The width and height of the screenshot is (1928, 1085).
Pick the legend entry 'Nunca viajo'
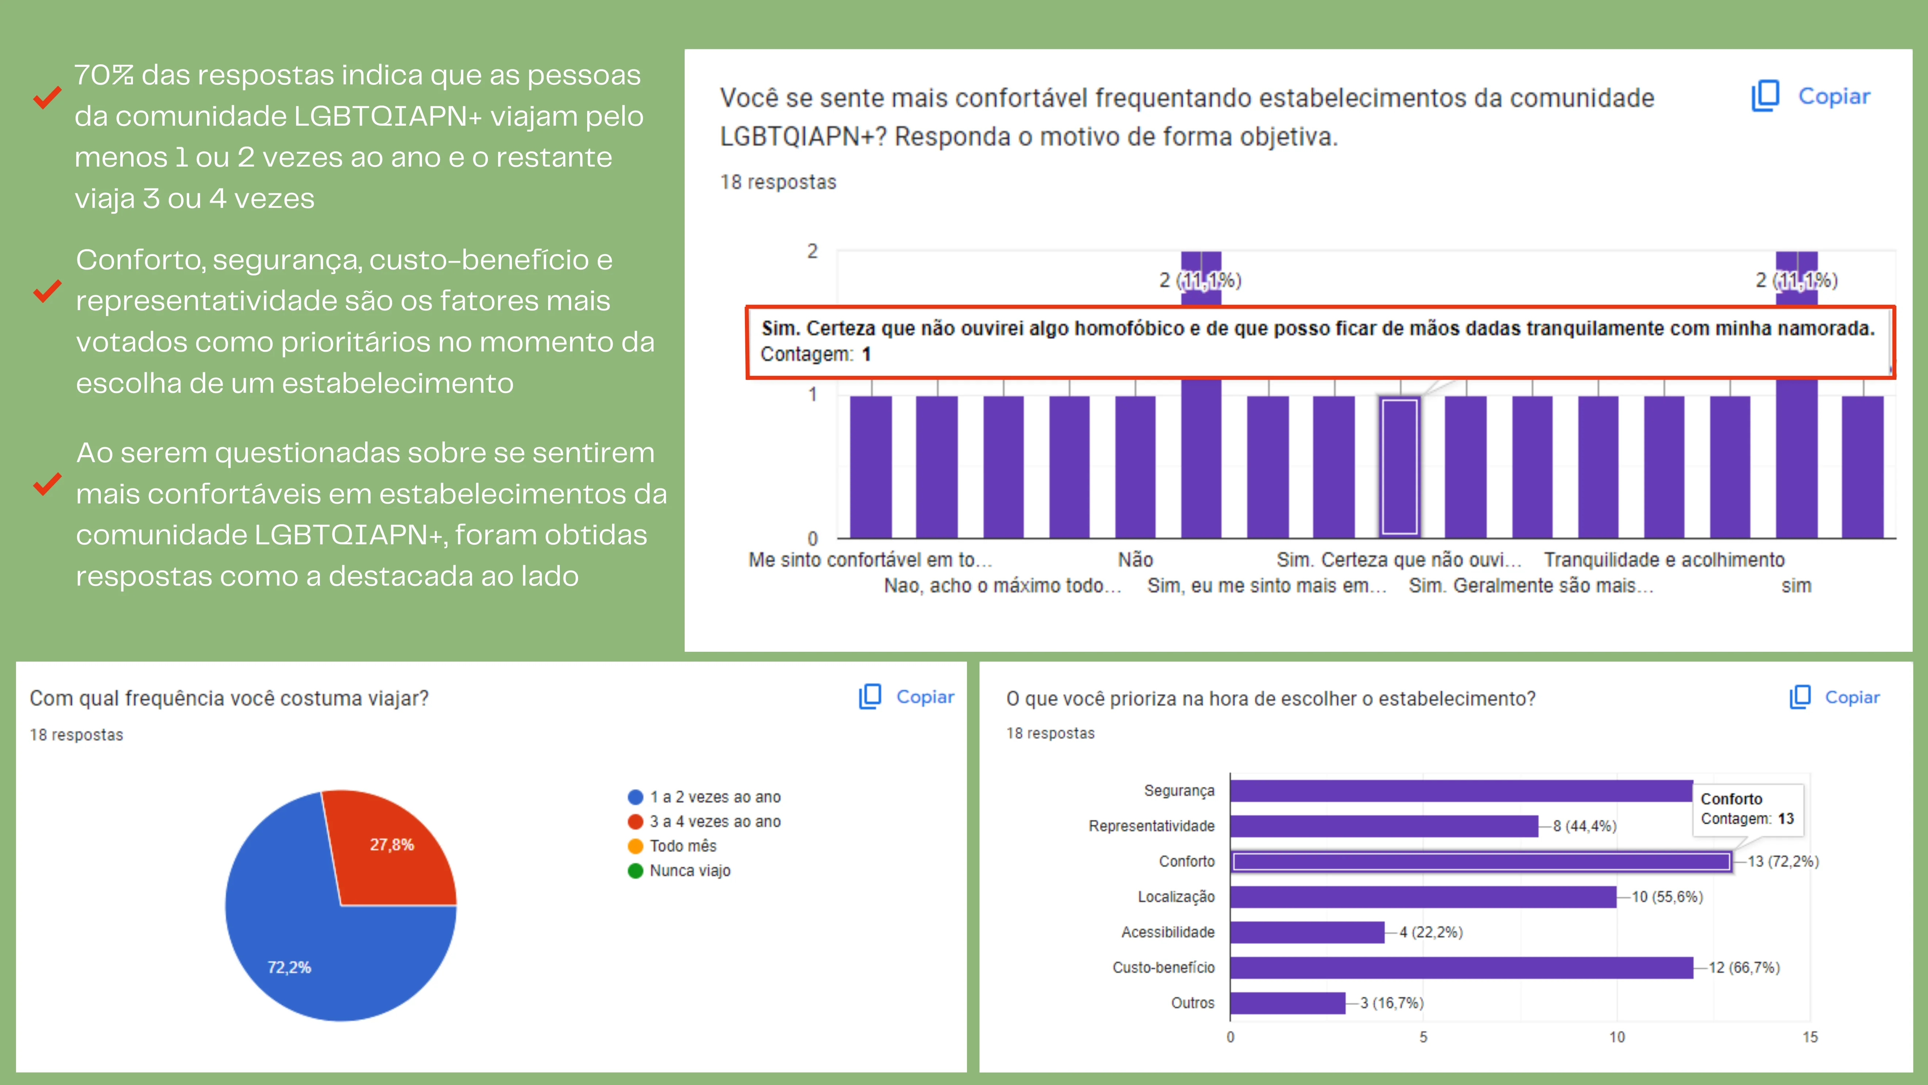(x=689, y=871)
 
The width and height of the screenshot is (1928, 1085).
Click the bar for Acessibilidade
(x=1307, y=932)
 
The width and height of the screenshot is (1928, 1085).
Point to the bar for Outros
(x=1287, y=1003)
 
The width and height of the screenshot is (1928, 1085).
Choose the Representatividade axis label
(x=1151, y=826)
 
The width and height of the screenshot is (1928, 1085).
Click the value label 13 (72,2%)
(x=1783, y=862)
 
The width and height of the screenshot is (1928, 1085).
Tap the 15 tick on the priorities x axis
(x=1810, y=1037)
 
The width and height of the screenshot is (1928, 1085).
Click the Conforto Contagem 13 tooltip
(x=1747, y=809)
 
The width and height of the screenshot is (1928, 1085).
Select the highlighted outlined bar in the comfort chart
(x=1399, y=467)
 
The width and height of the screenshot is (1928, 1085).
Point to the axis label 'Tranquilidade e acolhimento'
(x=1664, y=560)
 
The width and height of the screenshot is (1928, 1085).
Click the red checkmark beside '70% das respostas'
(x=47, y=97)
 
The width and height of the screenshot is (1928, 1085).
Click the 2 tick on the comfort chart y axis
(x=812, y=252)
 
